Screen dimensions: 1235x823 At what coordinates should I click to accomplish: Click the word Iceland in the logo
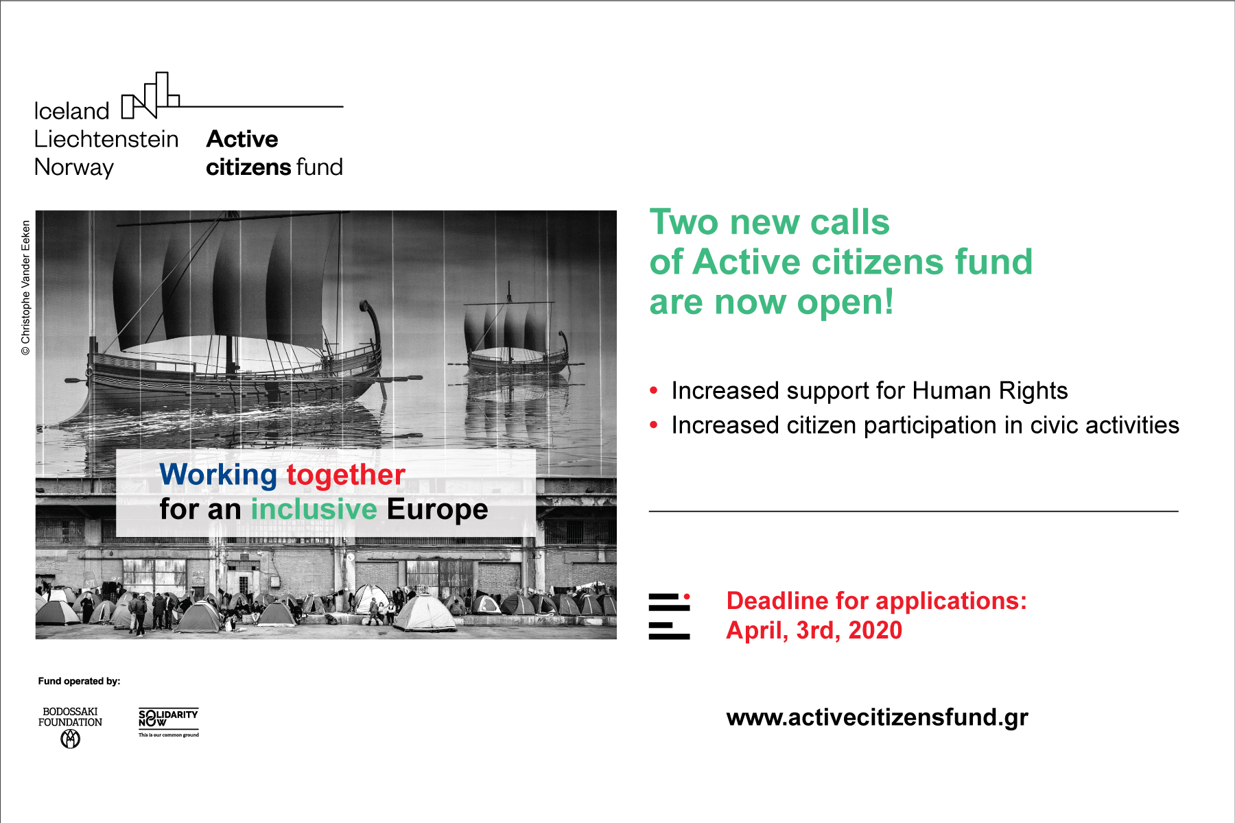coord(71,111)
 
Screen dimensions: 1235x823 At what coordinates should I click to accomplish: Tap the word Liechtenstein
coord(106,139)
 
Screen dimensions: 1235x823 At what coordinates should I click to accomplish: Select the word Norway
coord(74,168)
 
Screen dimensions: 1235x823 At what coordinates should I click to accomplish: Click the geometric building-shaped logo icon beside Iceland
coord(150,95)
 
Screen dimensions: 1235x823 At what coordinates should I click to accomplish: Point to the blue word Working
coord(218,475)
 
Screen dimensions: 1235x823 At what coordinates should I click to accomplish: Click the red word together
coord(346,475)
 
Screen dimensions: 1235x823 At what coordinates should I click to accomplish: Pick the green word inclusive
coord(314,509)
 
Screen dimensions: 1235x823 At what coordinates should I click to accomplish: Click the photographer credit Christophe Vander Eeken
coord(26,287)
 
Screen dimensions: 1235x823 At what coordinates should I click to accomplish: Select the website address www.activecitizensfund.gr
coord(877,717)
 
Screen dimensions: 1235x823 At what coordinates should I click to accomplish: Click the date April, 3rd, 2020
coord(814,630)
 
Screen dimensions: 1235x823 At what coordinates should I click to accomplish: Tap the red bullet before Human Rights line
coord(654,391)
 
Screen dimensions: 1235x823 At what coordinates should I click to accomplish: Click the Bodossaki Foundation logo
coord(70,728)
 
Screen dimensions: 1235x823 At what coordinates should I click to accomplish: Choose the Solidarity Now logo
coord(169,722)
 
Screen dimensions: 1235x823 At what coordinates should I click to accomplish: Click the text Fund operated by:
coord(79,681)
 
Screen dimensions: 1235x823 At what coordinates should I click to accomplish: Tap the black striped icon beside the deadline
coord(669,617)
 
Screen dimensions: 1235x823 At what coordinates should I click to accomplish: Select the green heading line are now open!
coord(772,302)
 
